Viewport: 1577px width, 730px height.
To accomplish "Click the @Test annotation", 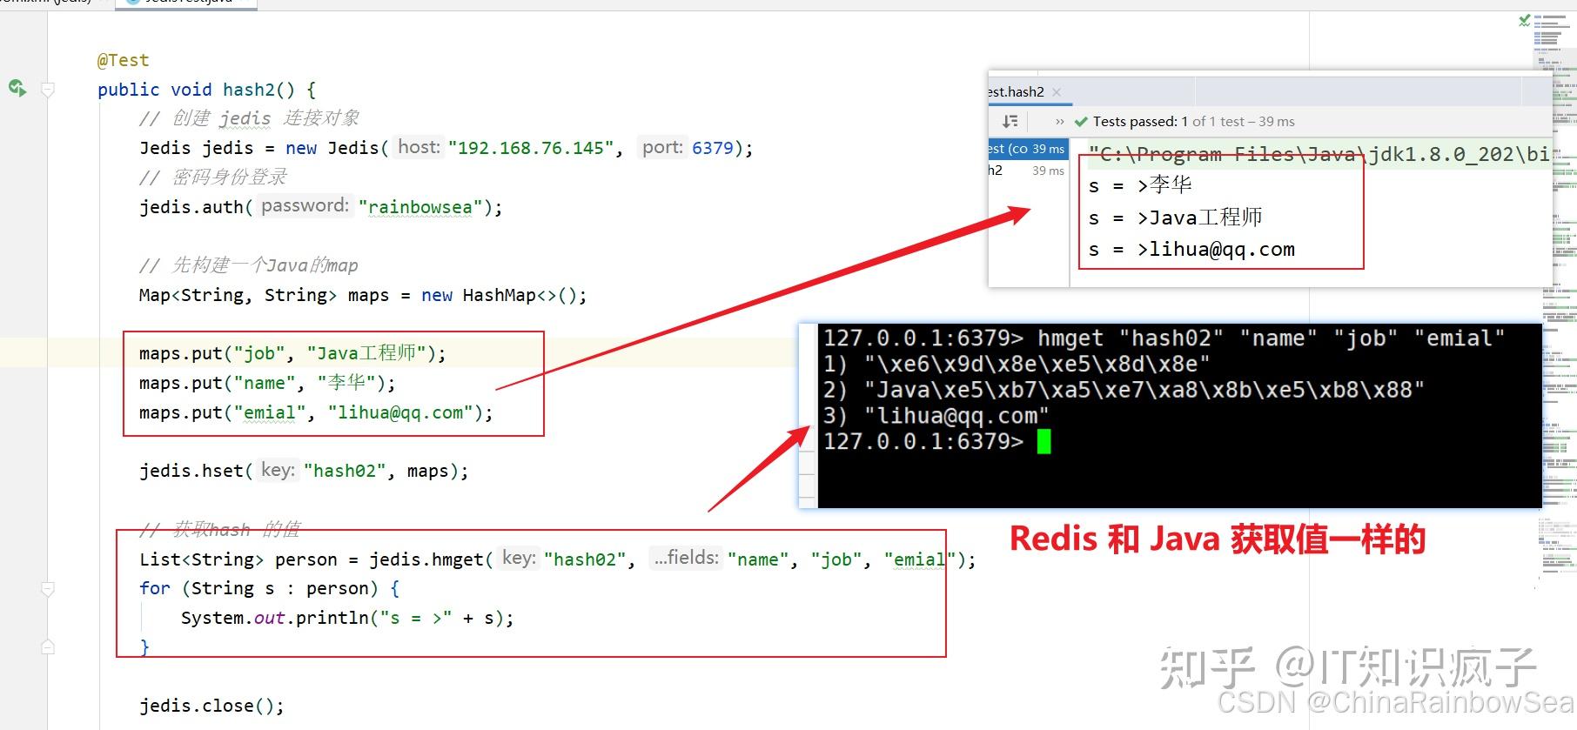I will (x=123, y=60).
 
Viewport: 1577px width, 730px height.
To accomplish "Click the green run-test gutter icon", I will (x=17, y=88).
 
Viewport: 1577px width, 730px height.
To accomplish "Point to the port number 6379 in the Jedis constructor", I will (x=713, y=148).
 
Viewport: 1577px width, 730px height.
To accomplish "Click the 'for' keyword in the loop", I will (x=154, y=588).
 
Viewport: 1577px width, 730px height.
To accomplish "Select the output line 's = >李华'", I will (x=1140, y=185).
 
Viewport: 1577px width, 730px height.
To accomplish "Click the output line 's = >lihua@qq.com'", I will (x=1191, y=250).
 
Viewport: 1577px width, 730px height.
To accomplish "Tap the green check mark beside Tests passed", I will (x=1081, y=122).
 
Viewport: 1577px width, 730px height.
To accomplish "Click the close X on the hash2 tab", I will (x=1057, y=92).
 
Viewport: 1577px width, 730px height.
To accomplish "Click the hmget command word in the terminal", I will (x=1070, y=338).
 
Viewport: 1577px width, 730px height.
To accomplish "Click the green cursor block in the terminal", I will (x=1044, y=442).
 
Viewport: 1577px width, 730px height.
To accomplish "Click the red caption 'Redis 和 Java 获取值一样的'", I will (x=1217, y=540).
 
